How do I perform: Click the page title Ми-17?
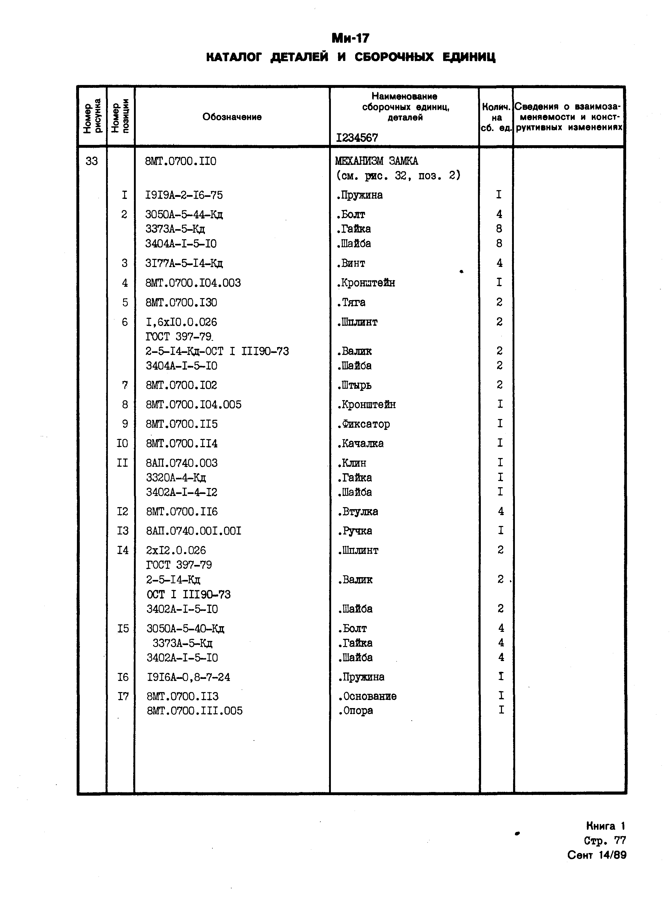(350, 38)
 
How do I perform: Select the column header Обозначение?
(232, 117)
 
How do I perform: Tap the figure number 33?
(92, 161)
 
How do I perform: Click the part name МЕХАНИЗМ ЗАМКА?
(376, 161)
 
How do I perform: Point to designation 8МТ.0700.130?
(181, 303)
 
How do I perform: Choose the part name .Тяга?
(351, 303)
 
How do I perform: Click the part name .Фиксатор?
(363, 424)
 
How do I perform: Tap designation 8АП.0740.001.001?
(194, 531)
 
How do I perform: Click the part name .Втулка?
(358, 511)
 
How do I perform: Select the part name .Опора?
(356, 710)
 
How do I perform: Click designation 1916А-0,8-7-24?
(188, 677)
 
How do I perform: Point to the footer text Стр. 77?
(605, 840)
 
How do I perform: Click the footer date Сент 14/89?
(597, 855)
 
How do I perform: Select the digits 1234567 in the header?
(357, 138)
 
